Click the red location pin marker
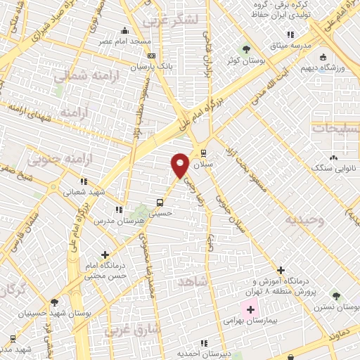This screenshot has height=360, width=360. [180, 164]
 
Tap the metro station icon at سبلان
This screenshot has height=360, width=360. [203, 153]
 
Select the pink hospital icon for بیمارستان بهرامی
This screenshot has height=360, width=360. [250, 309]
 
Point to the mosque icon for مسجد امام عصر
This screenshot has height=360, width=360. [125, 30]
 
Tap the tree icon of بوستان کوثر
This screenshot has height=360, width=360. [245, 49]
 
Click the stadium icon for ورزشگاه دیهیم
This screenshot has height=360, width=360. [323, 57]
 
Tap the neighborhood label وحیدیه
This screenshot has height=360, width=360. [303, 219]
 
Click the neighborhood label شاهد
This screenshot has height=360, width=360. [195, 281]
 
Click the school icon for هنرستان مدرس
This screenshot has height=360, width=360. [119, 209]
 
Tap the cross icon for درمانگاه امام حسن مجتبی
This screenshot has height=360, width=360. [105, 255]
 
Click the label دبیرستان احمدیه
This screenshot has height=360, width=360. [200, 354]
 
